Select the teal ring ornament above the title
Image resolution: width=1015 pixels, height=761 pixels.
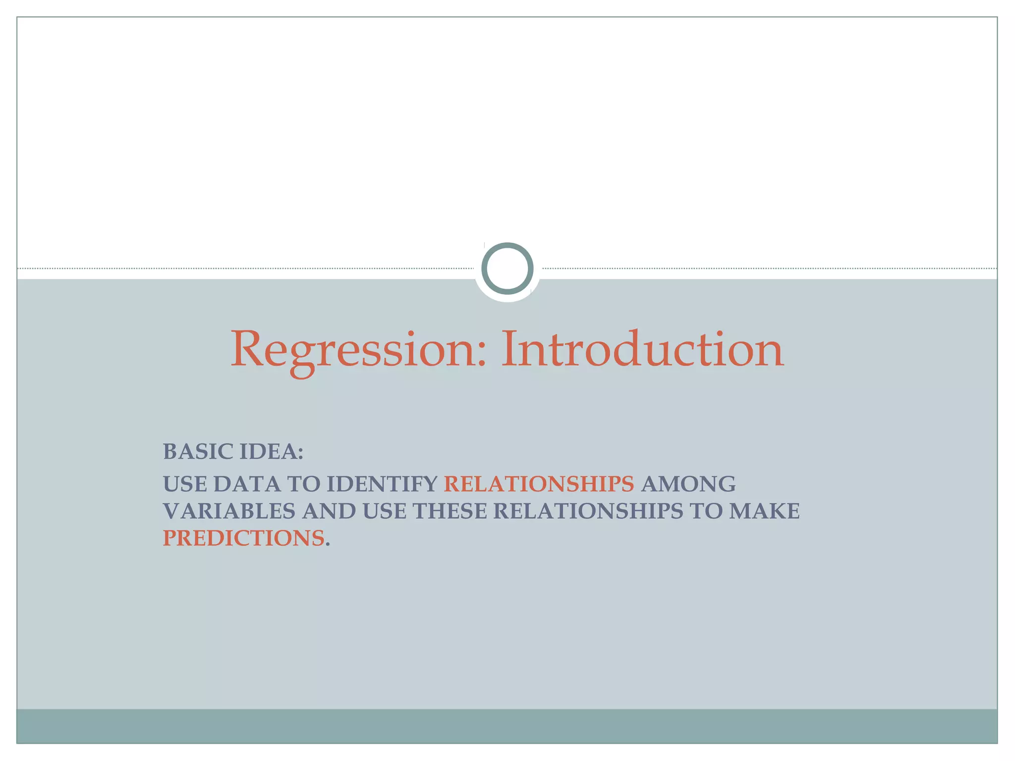[507, 269]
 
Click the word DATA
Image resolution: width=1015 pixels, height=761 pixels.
[247, 484]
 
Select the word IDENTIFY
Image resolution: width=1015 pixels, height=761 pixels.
[382, 484]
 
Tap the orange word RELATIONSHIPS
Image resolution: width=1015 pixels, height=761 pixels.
[539, 484]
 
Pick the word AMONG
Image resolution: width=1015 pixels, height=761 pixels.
[688, 484]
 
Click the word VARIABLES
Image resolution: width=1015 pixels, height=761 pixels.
[229, 511]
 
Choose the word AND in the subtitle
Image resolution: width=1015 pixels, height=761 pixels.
[329, 511]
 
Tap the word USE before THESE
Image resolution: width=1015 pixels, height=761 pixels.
[385, 511]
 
